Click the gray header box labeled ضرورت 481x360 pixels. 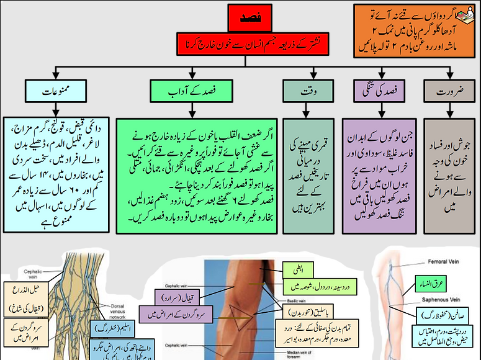point(449,91)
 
